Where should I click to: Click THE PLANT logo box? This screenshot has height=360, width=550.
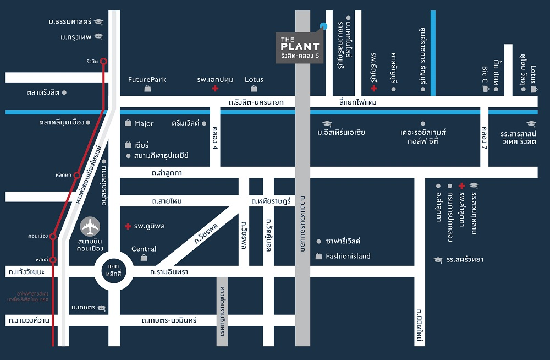pos(300,48)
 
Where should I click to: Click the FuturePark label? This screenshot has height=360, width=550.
pos(147,79)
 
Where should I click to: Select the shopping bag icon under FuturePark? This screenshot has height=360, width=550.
pos(147,89)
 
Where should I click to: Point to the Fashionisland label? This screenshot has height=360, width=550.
pos(348,256)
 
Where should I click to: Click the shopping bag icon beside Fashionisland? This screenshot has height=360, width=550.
pos(318,256)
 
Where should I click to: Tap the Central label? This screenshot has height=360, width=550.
pos(144,249)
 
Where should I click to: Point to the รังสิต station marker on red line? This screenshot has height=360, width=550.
pos(103,62)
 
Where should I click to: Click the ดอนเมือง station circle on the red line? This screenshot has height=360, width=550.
pos(53,237)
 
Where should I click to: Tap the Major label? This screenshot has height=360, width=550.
pos(144,124)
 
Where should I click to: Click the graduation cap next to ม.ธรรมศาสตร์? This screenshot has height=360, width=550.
pos(98,22)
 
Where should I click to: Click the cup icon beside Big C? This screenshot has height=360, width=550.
pos(485,89)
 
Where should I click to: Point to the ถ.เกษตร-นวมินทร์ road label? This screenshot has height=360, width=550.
pos(169,320)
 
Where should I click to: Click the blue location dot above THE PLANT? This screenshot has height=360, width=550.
pos(323,26)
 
